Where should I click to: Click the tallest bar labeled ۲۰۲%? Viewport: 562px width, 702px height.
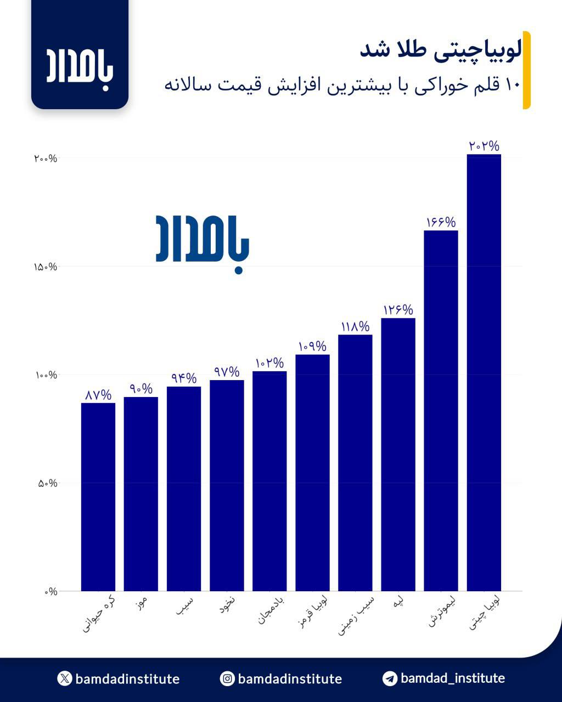point(484,373)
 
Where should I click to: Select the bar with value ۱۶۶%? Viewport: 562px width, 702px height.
point(441,411)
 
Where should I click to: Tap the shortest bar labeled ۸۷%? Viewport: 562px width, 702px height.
point(98,497)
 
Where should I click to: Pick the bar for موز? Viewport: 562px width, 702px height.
point(141,494)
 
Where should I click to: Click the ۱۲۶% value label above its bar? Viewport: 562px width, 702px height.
point(398,310)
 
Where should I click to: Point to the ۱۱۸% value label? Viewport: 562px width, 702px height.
point(355,327)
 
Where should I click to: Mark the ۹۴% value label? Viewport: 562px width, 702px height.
point(184,378)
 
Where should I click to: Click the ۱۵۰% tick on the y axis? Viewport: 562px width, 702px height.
point(45,267)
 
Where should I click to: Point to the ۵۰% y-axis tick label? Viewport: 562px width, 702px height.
point(47,483)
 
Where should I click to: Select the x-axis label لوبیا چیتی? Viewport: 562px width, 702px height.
point(485,612)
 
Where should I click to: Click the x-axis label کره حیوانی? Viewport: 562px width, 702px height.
point(99,613)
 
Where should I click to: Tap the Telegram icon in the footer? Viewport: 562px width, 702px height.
point(390,678)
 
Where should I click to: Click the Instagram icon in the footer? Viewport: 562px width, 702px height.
point(227,679)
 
